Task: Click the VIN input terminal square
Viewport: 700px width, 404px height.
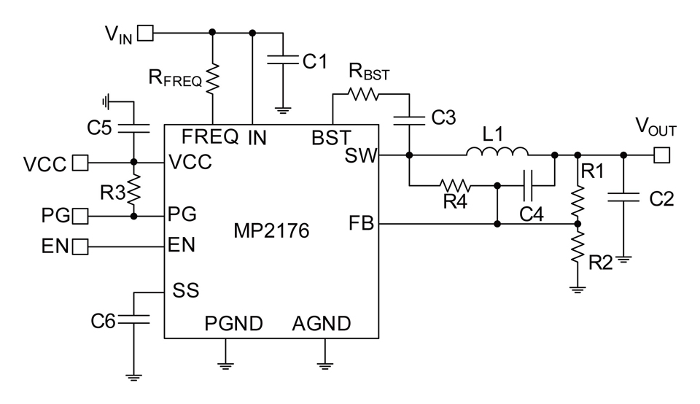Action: click(x=146, y=32)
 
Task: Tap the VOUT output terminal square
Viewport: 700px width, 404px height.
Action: click(x=661, y=155)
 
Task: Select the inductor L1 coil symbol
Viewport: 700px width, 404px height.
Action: click(x=497, y=152)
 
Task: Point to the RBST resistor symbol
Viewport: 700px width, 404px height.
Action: click(x=362, y=93)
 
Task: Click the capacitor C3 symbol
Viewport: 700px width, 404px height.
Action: click(x=409, y=117)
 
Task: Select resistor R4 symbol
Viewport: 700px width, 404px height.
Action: click(x=456, y=185)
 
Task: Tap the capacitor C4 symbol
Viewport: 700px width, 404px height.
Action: click(x=531, y=185)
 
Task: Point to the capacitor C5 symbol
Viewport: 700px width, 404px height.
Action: click(x=133, y=128)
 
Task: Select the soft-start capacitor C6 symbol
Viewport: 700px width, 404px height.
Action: click(x=133, y=319)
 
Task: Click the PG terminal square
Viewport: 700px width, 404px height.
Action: click(x=80, y=216)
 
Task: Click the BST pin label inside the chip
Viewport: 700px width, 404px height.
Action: click(x=330, y=136)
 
